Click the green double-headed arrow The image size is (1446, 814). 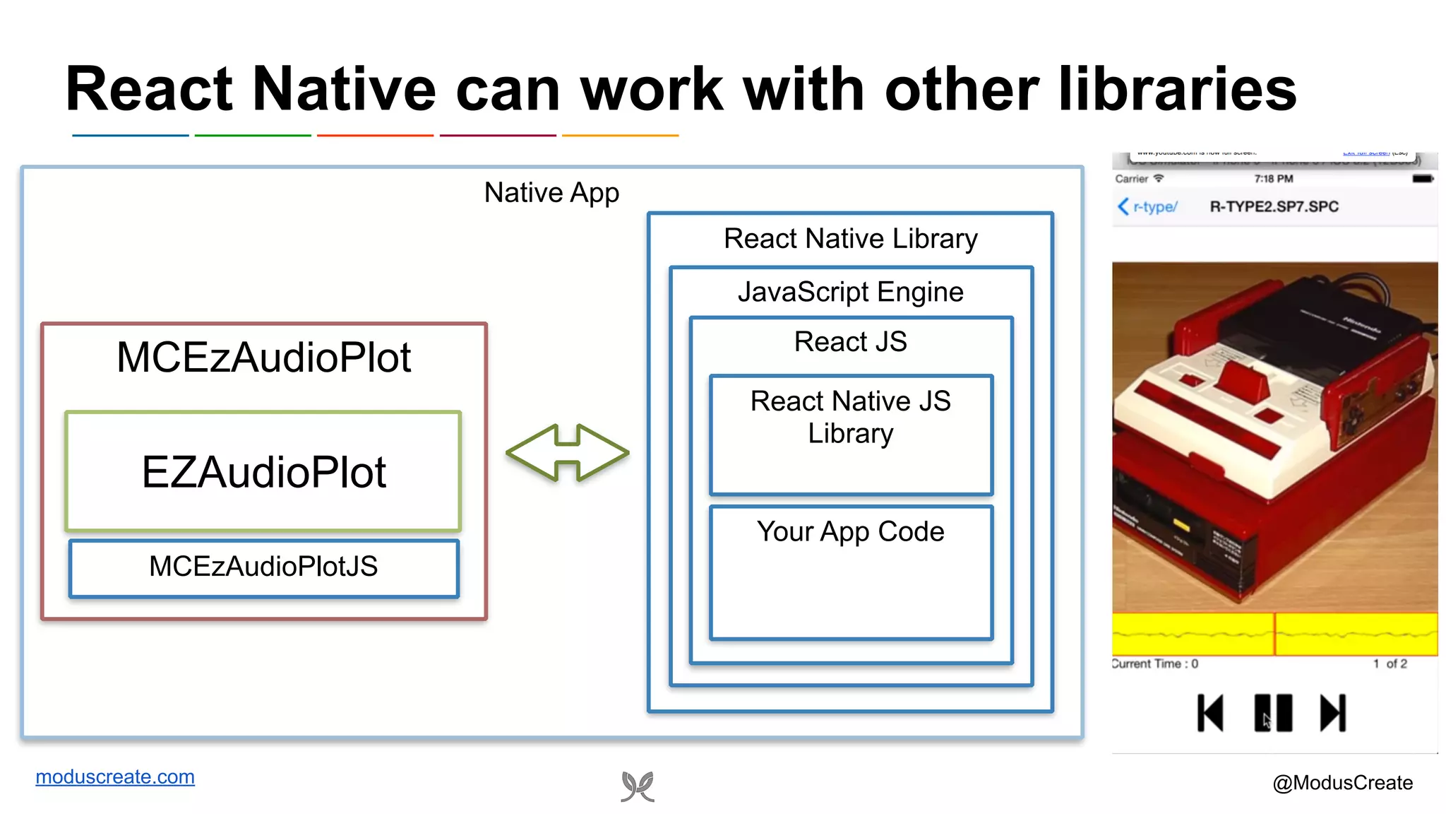click(x=567, y=453)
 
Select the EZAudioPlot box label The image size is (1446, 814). click(x=263, y=472)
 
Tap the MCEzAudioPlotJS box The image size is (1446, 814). click(x=263, y=567)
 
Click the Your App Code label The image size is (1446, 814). click(x=850, y=531)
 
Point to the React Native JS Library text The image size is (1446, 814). click(x=850, y=417)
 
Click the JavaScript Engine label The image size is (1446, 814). click(x=850, y=292)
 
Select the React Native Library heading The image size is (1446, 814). click(x=850, y=239)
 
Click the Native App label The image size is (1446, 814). click(x=551, y=193)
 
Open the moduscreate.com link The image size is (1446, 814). click(x=115, y=777)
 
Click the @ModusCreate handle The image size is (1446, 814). click(x=1342, y=783)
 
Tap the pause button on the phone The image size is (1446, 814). click(x=1273, y=712)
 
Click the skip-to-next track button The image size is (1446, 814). click(x=1333, y=712)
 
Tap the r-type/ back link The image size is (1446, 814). click(x=1148, y=207)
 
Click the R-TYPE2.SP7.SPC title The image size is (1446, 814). click(x=1274, y=207)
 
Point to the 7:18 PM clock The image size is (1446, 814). click(x=1274, y=179)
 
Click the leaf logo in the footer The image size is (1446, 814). click(x=638, y=786)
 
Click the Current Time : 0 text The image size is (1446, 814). click(x=1155, y=664)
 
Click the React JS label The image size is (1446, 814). click(x=850, y=342)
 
